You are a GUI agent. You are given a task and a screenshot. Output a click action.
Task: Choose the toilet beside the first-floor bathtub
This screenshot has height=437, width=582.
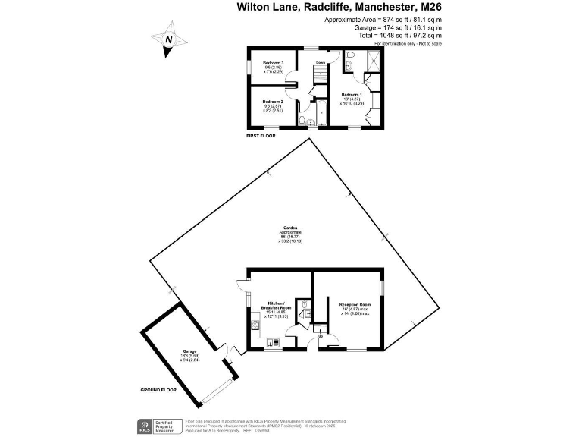coord(303,120)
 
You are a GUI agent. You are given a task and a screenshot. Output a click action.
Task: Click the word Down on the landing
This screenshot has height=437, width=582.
coord(321,62)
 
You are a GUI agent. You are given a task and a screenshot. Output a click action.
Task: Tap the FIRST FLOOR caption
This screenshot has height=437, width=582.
coord(261,136)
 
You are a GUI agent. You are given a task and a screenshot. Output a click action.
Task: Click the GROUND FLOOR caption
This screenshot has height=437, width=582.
coord(160,390)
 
